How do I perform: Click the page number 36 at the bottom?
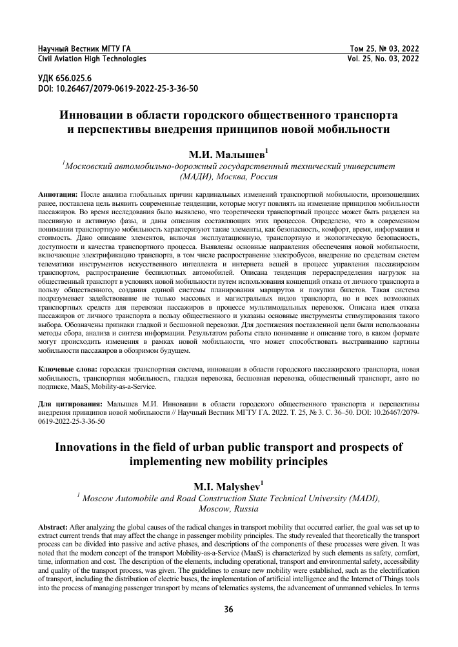(228, 610)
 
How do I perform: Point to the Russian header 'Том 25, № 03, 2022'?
(384, 49)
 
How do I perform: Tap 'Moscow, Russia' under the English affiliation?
(228, 509)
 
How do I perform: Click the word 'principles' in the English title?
(299, 461)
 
